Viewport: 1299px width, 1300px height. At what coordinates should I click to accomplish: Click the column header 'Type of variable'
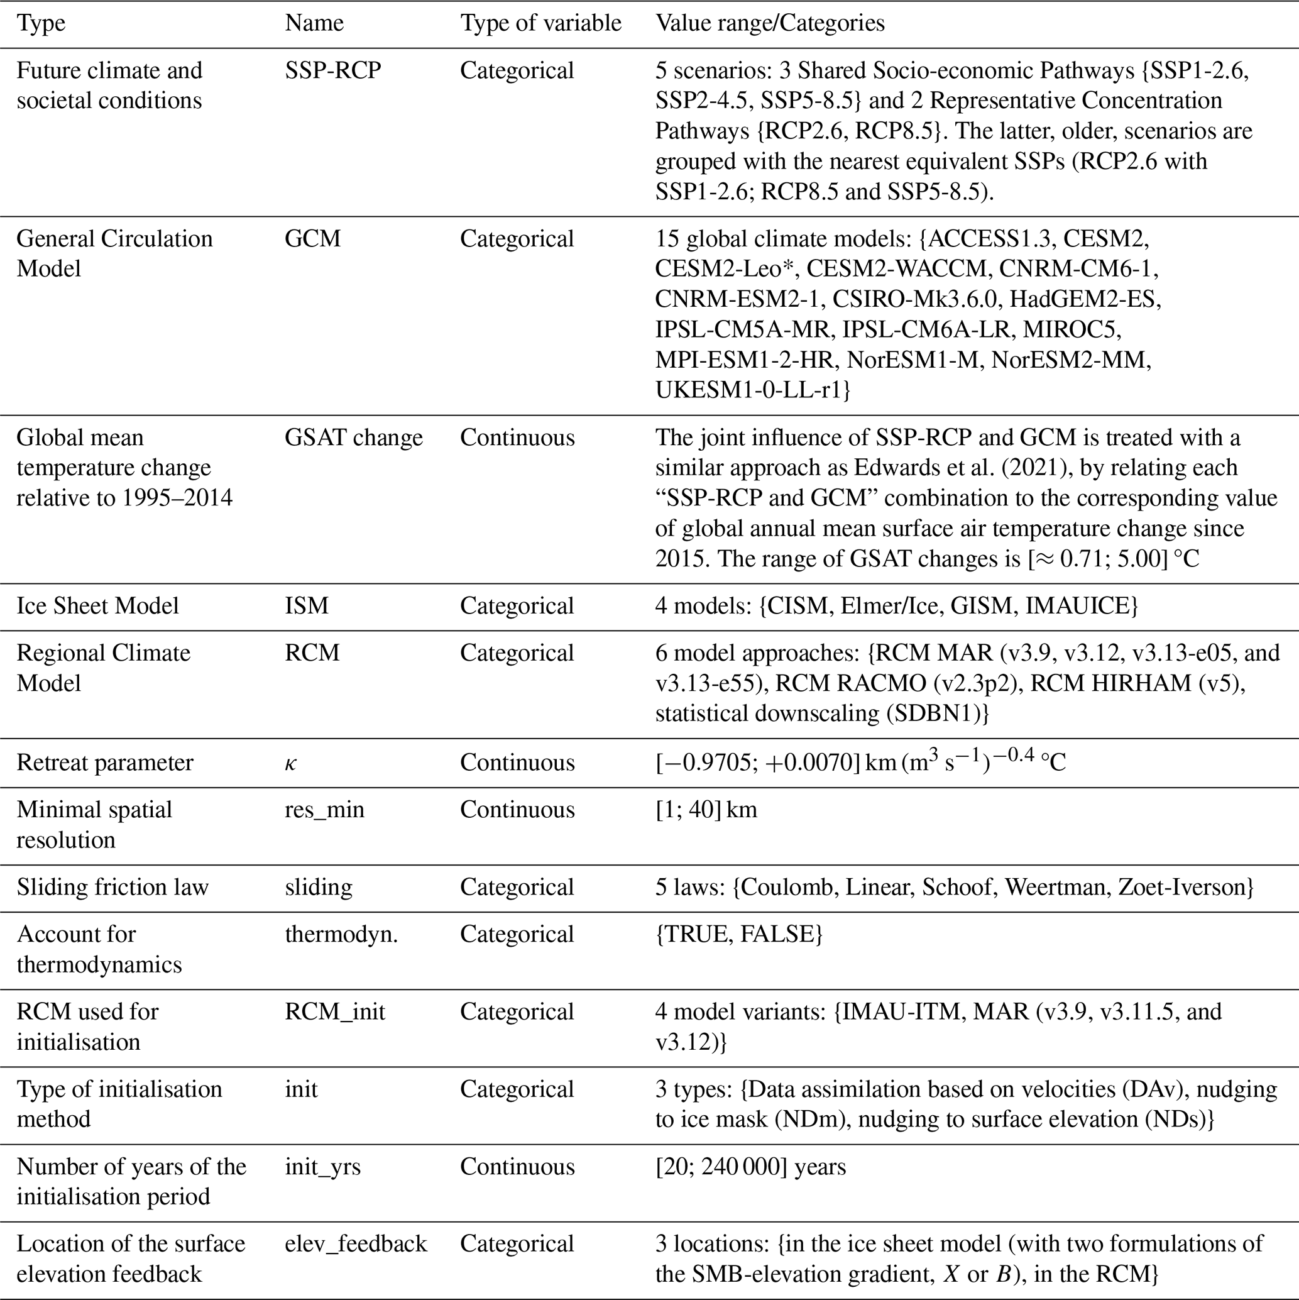540,23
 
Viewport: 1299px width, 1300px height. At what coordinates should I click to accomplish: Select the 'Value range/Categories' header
770,23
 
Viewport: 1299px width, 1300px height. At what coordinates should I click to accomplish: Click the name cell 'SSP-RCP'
332,70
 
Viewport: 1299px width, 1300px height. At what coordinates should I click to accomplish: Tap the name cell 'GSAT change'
353,438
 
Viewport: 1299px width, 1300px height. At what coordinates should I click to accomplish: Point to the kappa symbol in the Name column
290,764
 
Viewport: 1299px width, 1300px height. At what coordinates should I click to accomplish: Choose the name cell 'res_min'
324,810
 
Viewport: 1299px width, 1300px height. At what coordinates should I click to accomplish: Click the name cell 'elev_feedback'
355,1243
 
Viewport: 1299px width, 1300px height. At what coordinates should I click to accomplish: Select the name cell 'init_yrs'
322,1166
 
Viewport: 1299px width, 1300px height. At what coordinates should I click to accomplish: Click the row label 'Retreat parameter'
104,763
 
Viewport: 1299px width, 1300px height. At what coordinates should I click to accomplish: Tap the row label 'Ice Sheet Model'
97,606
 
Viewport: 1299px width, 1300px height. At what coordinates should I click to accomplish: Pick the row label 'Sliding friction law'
112,888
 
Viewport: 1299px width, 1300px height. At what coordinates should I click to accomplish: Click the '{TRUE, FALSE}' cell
738,935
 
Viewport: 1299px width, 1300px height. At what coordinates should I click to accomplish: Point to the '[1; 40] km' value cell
706,810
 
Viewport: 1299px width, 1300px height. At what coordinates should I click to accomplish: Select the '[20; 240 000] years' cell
751,1166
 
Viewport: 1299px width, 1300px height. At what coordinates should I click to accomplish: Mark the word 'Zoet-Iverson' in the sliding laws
1185,888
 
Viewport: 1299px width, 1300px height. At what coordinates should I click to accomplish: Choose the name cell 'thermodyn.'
341,935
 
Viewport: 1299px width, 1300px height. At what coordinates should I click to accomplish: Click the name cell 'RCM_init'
334,1012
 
